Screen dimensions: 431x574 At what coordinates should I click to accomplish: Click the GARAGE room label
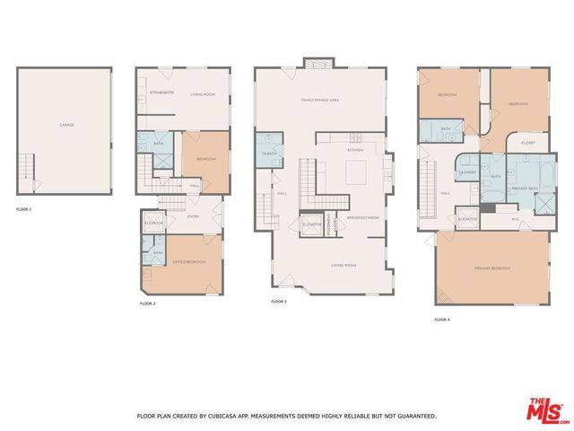[66, 125]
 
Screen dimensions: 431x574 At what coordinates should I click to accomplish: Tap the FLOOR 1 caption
[23, 209]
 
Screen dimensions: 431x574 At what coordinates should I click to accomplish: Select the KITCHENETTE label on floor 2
[161, 92]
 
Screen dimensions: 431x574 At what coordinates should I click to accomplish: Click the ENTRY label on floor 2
[193, 216]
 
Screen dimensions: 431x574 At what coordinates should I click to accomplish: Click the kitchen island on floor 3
[355, 172]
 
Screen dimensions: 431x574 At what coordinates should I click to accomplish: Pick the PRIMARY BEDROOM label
[492, 268]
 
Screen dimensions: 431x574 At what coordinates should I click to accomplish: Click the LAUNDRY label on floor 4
[466, 171]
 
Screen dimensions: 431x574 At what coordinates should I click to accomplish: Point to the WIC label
[516, 218]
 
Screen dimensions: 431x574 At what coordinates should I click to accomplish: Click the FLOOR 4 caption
[441, 320]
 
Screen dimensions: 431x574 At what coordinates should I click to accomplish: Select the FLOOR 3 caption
[279, 302]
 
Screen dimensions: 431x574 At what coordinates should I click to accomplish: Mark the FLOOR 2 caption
[148, 304]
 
